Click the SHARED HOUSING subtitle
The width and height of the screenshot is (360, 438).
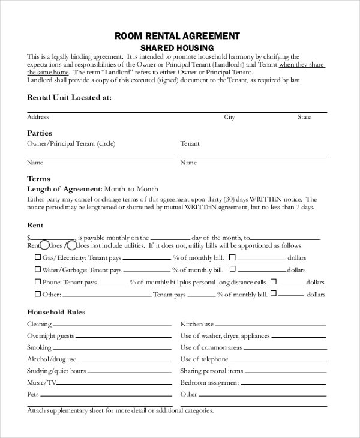point(177,48)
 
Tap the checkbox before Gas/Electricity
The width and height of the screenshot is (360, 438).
point(38,257)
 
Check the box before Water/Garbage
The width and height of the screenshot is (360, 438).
point(38,269)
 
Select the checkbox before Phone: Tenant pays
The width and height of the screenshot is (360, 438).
point(38,281)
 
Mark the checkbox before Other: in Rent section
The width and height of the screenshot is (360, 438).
point(38,294)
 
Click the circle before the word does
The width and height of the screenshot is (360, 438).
point(44,245)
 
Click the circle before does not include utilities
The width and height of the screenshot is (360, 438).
point(71,245)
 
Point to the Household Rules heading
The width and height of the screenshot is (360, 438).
point(56,312)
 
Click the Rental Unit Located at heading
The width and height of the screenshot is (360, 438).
point(69,97)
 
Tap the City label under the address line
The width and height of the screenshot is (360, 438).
point(229,117)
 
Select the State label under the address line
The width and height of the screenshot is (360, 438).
point(304,117)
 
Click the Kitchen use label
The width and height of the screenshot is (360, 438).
point(197,324)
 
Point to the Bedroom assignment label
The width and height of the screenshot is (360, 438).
point(210,383)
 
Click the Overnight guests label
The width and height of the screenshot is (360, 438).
point(50,336)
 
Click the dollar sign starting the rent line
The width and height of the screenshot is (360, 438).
point(29,238)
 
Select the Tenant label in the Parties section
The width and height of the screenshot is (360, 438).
point(190,144)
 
